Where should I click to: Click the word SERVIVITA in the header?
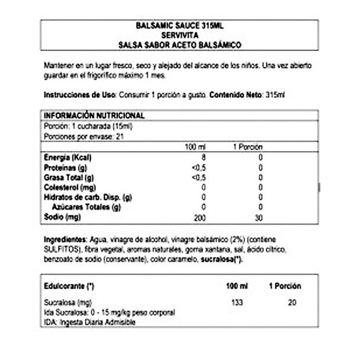coord(179,35)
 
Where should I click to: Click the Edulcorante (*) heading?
coord(70,285)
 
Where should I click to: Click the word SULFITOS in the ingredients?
coord(58,248)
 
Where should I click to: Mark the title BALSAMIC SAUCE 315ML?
coord(179,26)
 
